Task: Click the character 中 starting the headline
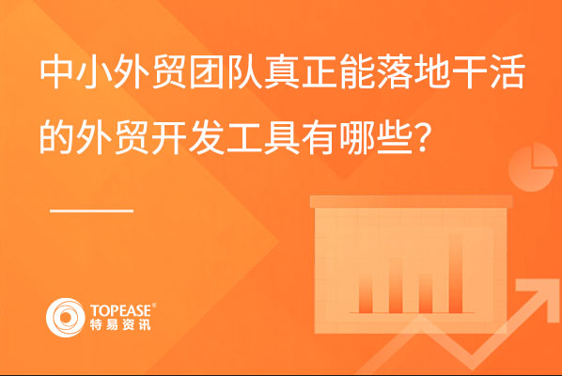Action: point(57,71)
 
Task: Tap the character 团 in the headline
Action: point(207,71)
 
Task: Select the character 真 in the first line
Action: point(282,71)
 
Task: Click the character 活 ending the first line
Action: point(507,71)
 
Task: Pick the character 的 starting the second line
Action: point(56,137)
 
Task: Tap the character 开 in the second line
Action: point(169,137)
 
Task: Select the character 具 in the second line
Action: point(282,137)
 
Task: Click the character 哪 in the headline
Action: point(356,137)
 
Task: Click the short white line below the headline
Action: point(92,211)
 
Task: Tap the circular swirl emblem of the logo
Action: point(65,318)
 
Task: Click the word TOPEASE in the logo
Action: point(121,310)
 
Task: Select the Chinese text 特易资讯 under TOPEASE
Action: point(120,324)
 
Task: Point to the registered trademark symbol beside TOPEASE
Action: point(154,305)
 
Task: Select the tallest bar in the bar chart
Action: point(456,274)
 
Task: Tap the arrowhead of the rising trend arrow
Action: point(537,295)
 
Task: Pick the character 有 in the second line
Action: point(320,137)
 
